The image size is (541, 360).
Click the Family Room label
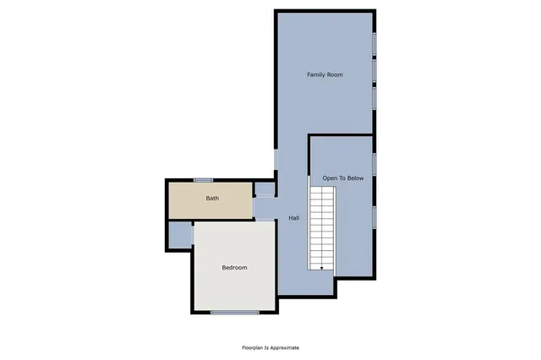click(325, 75)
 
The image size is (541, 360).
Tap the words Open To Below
click(342, 178)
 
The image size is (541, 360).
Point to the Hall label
click(293, 218)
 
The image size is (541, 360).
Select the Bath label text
click(212, 199)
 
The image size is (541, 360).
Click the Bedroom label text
click(234, 267)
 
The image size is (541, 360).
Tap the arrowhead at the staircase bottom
click(321, 267)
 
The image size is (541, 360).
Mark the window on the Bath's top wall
click(202, 180)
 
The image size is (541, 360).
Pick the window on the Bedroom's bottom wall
click(234, 313)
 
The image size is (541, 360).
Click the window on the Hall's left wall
click(276, 158)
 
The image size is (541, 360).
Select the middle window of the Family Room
click(374, 71)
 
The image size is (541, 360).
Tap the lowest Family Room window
click(374, 99)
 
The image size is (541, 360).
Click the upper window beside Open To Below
click(374, 165)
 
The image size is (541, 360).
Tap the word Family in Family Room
click(315, 75)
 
